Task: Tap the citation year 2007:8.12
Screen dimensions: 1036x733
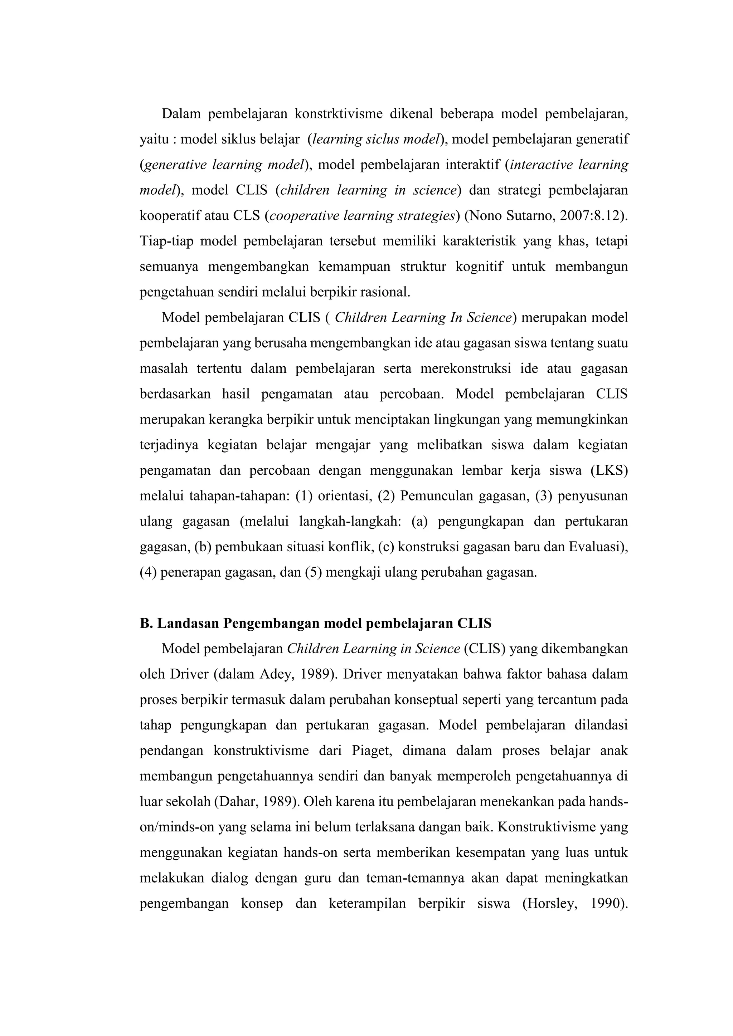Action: tap(588, 216)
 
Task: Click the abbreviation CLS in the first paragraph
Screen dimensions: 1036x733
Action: tap(247, 216)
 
